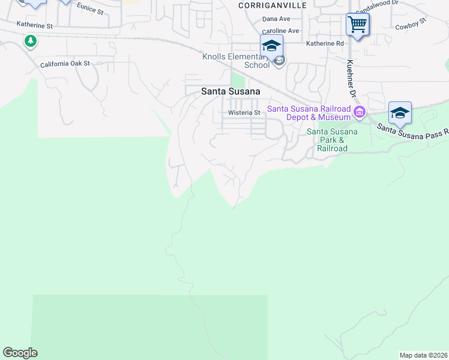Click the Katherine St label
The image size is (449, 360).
pyautogui.click(x=34, y=26)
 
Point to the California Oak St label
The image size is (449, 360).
pyautogui.click(x=65, y=64)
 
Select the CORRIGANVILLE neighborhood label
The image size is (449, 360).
pyautogui.click(x=272, y=5)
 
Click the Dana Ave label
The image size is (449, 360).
pyautogui.click(x=276, y=19)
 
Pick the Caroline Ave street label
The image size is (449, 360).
pyautogui.click(x=280, y=31)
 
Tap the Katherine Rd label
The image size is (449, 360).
pyautogui.click(x=324, y=43)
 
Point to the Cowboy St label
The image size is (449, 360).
pyautogui.click(x=411, y=24)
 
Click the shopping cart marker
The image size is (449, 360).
pyautogui.click(x=357, y=25)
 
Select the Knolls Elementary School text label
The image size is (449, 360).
pyautogui.click(x=235, y=61)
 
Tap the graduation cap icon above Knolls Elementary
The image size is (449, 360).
pyautogui.click(x=271, y=46)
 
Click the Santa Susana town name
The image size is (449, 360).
pyautogui.click(x=231, y=92)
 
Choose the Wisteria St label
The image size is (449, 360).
pyautogui.click(x=244, y=112)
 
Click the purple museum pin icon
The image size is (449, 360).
pyautogui.click(x=360, y=112)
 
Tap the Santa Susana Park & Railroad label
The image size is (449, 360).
pyautogui.click(x=331, y=140)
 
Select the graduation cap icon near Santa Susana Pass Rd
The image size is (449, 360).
pyautogui.click(x=400, y=112)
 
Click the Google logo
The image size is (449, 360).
pyautogui.click(x=20, y=353)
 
